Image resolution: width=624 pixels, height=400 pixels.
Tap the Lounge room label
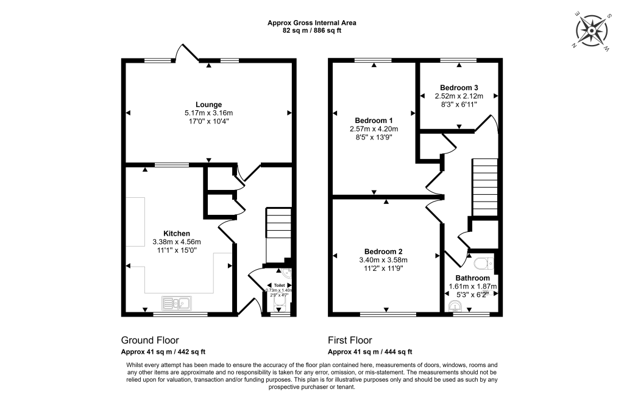(208, 104)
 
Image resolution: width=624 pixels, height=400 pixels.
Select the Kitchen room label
(177, 233)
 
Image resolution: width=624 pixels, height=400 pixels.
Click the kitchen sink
(177, 303)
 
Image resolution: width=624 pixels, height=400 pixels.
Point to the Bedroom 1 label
(374, 120)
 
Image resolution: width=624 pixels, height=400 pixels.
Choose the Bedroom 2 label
(383, 251)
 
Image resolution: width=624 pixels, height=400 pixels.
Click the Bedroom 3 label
(458, 88)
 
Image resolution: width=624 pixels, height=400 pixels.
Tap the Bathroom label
(473, 278)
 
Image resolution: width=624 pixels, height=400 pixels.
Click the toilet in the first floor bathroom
(484, 263)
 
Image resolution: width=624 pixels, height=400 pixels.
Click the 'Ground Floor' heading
(150, 340)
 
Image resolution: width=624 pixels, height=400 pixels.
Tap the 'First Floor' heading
(350, 340)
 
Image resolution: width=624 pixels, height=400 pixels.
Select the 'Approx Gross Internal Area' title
(312, 23)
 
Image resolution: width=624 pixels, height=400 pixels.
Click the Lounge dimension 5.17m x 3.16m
(208, 113)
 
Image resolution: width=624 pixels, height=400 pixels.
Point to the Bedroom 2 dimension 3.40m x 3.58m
(383, 259)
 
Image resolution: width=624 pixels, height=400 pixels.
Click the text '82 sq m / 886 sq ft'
(312, 30)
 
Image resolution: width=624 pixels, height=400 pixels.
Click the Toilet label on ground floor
(280, 285)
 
